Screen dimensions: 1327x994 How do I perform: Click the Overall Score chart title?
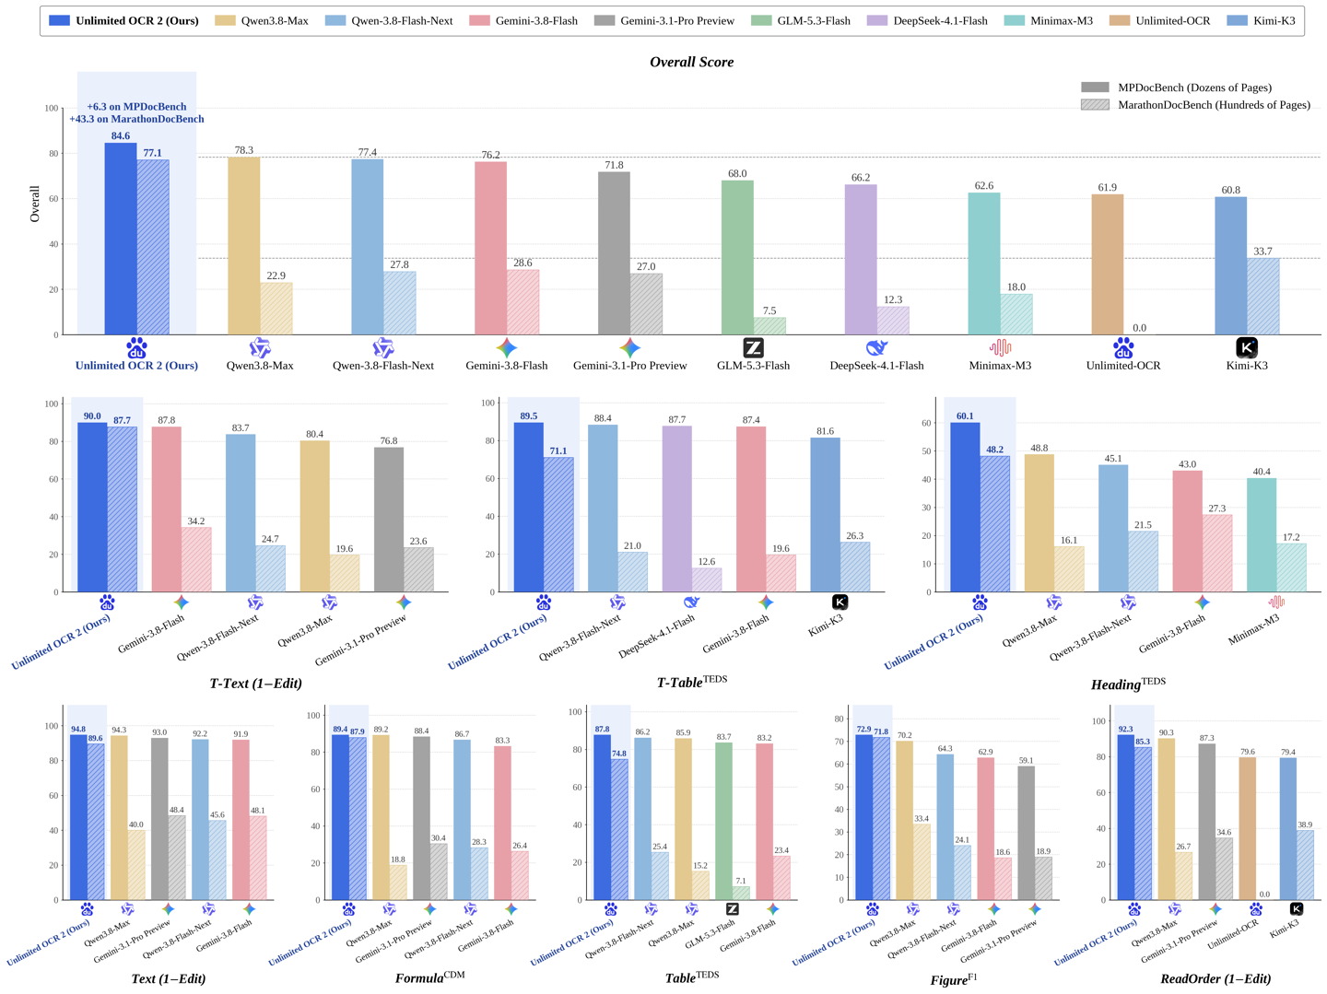pos(691,62)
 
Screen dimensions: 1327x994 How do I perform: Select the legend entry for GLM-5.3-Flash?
pos(800,20)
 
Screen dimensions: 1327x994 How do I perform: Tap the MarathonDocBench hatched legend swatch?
pos(1094,104)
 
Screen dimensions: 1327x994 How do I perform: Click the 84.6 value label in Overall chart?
pos(121,135)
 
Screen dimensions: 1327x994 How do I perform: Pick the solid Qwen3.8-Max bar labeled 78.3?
pos(243,245)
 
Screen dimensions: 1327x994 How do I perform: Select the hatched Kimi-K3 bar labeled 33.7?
pos(1262,296)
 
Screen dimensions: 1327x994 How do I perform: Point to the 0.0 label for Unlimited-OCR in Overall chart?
pos(1139,328)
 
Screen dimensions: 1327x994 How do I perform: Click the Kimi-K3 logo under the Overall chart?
pos(1246,347)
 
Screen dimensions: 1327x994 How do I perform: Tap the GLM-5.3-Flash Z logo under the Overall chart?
pos(753,347)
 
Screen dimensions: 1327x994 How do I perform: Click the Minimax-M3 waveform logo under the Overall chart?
pos(1000,347)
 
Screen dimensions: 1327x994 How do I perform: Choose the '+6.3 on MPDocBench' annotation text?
pos(136,106)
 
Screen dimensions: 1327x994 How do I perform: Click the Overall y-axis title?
pos(34,204)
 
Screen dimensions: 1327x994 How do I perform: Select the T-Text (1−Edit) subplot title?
pos(255,683)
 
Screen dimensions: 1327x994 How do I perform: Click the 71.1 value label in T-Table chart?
pos(558,450)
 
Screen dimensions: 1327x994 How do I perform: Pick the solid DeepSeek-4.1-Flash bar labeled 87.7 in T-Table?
pos(676,509)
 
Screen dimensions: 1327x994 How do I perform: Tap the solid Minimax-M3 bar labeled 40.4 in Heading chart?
pos(1261,534)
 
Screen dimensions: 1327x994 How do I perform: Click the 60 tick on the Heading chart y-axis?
pos(925,423)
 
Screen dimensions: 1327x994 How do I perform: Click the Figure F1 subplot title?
pos(953,979)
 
